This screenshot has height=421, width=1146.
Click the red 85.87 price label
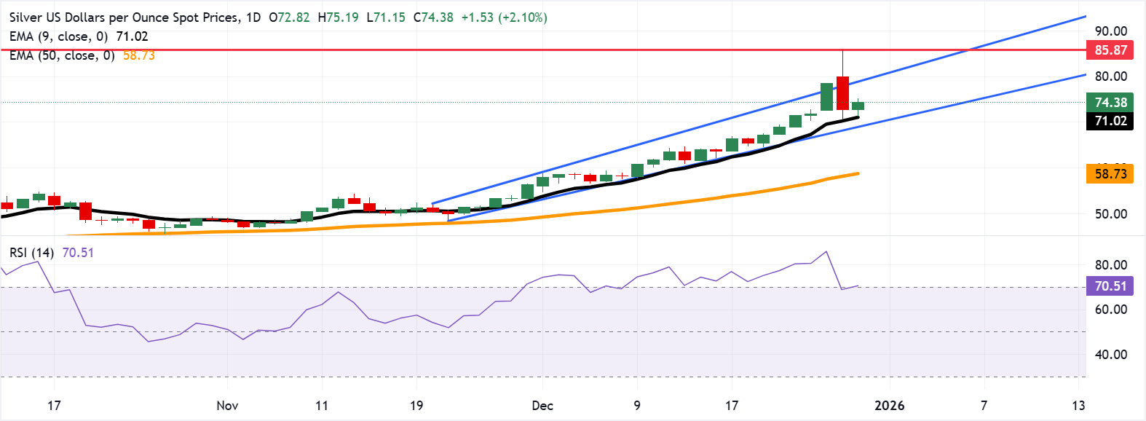(x=1110, y=50)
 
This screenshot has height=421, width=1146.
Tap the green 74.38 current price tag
(x=1110, y=103)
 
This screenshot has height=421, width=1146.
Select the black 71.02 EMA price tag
(x=1110, y=121)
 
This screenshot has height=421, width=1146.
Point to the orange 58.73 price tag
(x=1110, y=174)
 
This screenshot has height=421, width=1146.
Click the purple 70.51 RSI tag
(x=1110, y=286)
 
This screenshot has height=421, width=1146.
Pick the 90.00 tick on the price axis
(x=1110, y=31)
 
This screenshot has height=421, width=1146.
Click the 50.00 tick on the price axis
(x=1110, y=214)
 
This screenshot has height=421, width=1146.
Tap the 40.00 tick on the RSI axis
(x=1110, y=355)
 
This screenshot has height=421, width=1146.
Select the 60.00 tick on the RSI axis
(x=1110, y=310)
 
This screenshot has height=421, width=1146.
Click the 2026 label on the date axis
(x=889, y=406)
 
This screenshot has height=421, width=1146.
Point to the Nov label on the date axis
(x=227, y=406)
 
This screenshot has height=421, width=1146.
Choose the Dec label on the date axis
(x=542, y=406)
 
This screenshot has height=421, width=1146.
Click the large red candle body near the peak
(x=842, y=93)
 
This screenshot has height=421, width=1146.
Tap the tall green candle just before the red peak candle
(x=826, y=97)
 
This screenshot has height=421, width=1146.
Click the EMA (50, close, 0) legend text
(x=63, y=55)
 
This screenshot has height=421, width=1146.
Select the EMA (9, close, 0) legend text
(x=58, y=36)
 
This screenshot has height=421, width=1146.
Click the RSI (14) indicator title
(x=31, y=253)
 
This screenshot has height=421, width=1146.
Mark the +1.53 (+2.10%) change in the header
(x=504, y=17)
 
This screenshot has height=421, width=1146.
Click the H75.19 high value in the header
(x=339, y=17)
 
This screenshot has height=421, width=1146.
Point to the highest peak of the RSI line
(x=826, y=252)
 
